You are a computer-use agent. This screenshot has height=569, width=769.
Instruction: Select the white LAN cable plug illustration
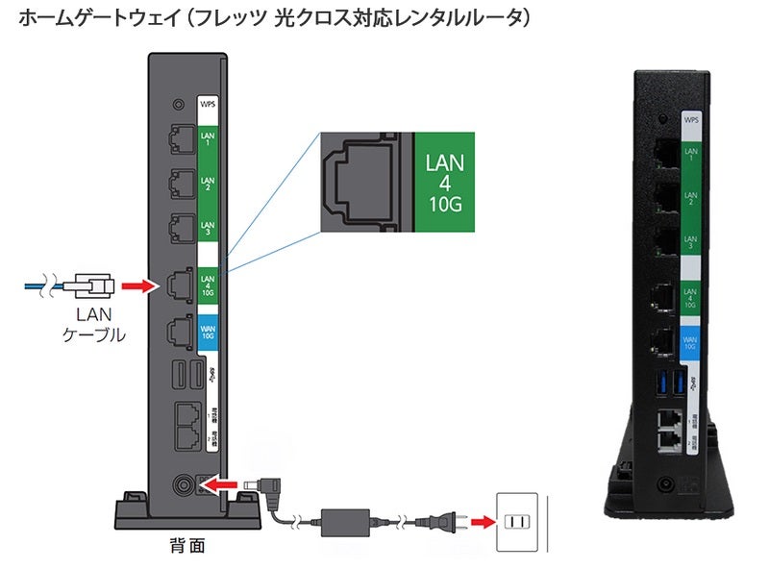point(90,284)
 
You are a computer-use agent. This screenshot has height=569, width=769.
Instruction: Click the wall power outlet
point(519,522)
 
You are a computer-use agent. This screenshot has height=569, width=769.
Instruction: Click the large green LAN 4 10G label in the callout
point(444,182)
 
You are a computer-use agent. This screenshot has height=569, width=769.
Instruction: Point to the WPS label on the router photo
point(691,121)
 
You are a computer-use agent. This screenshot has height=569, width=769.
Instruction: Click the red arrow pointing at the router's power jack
point(223,480)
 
